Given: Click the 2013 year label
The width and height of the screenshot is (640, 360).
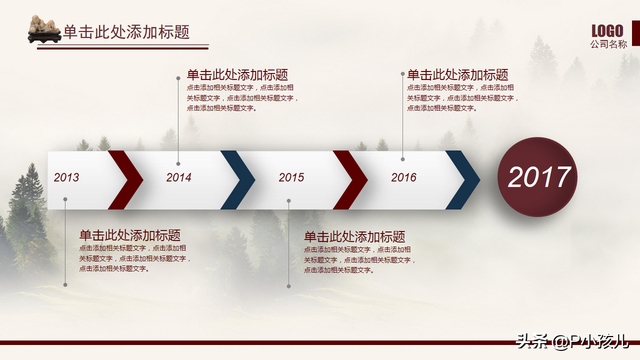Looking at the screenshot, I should pyautogui.click(x=67, y=178).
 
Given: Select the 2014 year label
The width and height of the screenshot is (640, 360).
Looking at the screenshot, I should pyautogui.click(x=179, y=178).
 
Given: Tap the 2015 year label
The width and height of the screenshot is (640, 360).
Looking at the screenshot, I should pyautogui.click(x=291, y=178).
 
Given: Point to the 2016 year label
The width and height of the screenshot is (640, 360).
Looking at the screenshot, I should pyautogui.click(x=404, y=178).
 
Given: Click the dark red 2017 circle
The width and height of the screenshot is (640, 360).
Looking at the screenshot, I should pyautogui.click(x=539, y=178).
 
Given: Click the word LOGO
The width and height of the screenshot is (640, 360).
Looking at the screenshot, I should pyautogui.click(x=608, y=30).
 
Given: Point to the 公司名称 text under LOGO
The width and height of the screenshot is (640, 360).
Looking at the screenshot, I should pyautogui.click(x=608, y=45).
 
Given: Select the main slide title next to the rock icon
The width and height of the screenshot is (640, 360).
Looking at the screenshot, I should pyautogui.click(x=126, y=32).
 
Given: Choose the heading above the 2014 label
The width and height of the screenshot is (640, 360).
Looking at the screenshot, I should pyautogui.click(x=237, y=75).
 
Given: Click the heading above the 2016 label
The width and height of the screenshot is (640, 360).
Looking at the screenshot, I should pyautogui.click(x=457, y=75).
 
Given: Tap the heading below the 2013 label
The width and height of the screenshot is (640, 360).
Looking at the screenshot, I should pyautogui.click(x=130, y=234).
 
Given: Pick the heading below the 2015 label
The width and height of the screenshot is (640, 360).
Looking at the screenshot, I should pyautogui.click(x=354, y=237).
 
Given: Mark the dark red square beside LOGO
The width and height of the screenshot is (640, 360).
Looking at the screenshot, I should pyautogui.click(x=634, y=31).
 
